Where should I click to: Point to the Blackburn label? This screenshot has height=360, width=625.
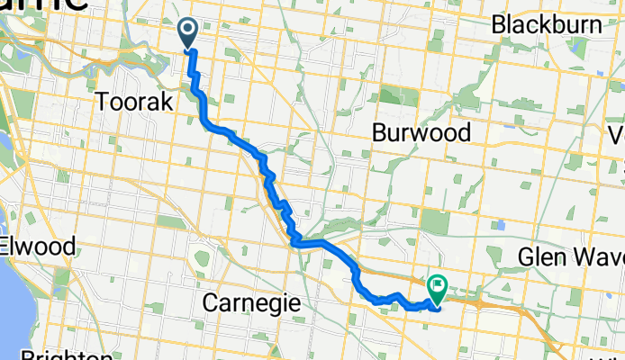[x=548, y=24]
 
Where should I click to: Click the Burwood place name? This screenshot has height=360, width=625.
[x=421, y=133]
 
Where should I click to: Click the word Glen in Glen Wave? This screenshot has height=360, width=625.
[x=540, y=258]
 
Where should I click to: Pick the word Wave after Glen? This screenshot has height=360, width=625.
[x=595, y=258]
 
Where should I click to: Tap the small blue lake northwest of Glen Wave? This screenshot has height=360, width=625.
[x=498, y=223]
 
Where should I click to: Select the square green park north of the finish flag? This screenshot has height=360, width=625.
[x=435, y=221]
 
